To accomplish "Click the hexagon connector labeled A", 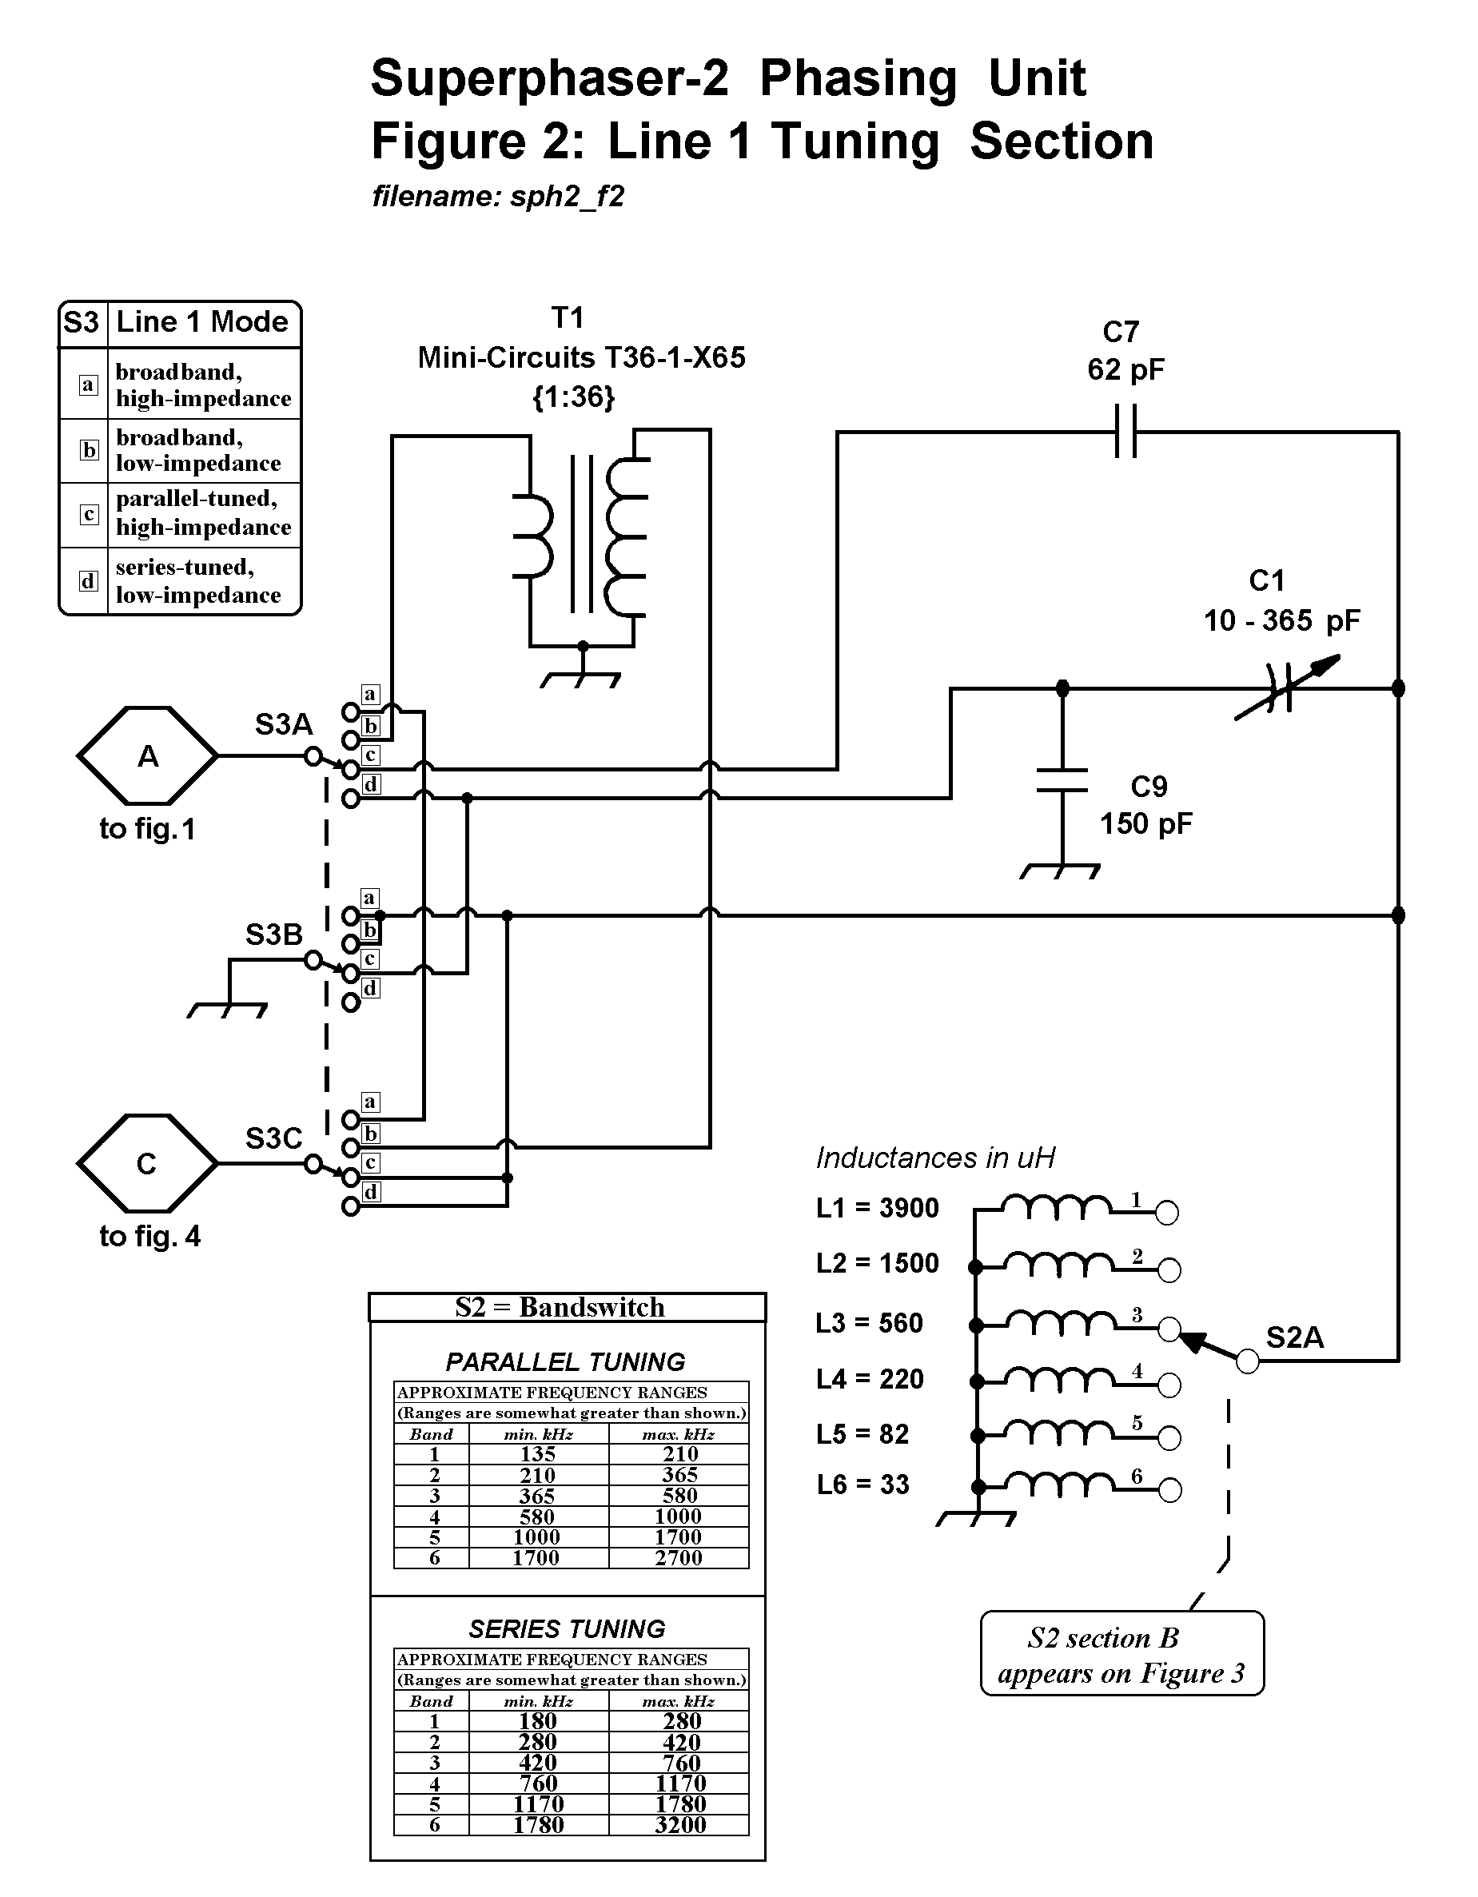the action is coord(148,755).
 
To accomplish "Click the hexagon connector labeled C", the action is coord(148,1163).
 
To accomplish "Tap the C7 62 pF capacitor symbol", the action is coord(1125,431).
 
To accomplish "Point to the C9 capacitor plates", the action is coord(1062,780).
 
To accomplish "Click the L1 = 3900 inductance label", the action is coord(877,1208).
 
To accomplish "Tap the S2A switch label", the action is coord(1295,1337).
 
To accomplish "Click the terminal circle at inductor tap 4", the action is coord(1169,1386).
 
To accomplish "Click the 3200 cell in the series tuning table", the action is coord(680,1824).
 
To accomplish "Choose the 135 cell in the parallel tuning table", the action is coord(537,1453).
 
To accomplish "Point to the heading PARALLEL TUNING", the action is coord(565,1361).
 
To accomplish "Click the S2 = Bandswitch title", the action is coord(560,1307).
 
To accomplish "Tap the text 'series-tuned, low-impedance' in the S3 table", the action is coord(198,581).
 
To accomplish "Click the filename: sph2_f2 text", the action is coord(499,197).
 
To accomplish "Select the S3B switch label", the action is coord(273,935).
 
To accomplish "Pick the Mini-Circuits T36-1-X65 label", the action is coord(581,357).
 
